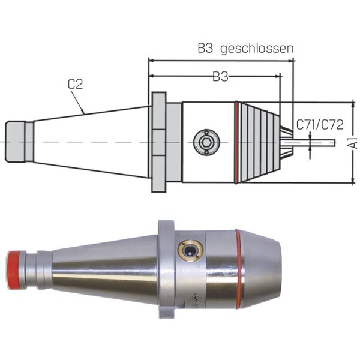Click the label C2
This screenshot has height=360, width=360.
75,84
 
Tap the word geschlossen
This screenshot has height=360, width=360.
257,49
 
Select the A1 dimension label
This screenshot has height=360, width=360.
355,143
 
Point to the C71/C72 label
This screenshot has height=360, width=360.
320,125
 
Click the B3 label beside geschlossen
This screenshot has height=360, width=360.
205,48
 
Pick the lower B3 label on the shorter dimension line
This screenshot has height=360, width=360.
220,76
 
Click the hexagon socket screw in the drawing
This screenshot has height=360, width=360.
206,142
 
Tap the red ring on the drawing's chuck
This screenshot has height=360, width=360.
236,142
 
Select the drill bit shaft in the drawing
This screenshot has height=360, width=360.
314,143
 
